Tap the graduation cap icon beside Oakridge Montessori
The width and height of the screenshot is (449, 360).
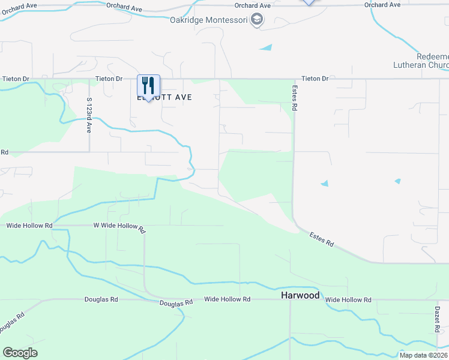pyautogui.click(x=257, y=20)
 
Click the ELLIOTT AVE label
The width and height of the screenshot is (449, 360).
pyautogui.click(x=165, y=97)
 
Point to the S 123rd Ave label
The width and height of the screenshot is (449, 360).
pyautogui.click(x=89, y=115)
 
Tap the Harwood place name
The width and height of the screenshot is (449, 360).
pyautogui.click(x=300, y=296)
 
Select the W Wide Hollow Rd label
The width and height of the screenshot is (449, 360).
pyautogui.click(x=120, y=228)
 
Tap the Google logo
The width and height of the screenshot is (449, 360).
pyautogui.click(x=20, y=353)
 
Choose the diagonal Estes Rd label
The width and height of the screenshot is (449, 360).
pyautogui.click(x=322, y=239)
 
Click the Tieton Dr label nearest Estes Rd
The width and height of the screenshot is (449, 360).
pyautogui.click(x=315, y=79)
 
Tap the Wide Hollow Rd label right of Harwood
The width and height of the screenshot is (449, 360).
pyautogui.click(x=348, y=299)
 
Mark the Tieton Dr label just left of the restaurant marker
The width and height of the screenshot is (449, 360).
pyautogui.click(x=109, y=79)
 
